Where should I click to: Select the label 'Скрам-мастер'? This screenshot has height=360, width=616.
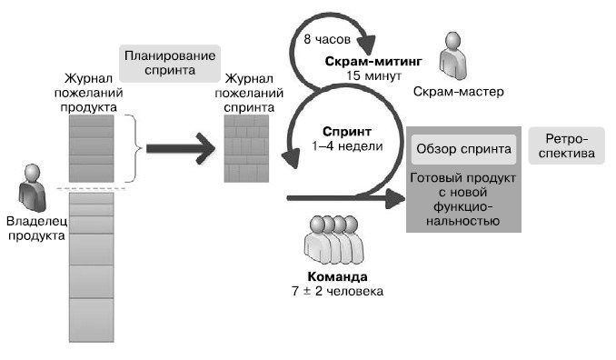click(x=457, y=92)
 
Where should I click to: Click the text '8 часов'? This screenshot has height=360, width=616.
click(x=324, y=41)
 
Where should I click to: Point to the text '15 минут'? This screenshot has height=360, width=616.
click(x=373, y=76)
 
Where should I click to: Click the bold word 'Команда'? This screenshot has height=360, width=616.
click(x=335, y=276)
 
